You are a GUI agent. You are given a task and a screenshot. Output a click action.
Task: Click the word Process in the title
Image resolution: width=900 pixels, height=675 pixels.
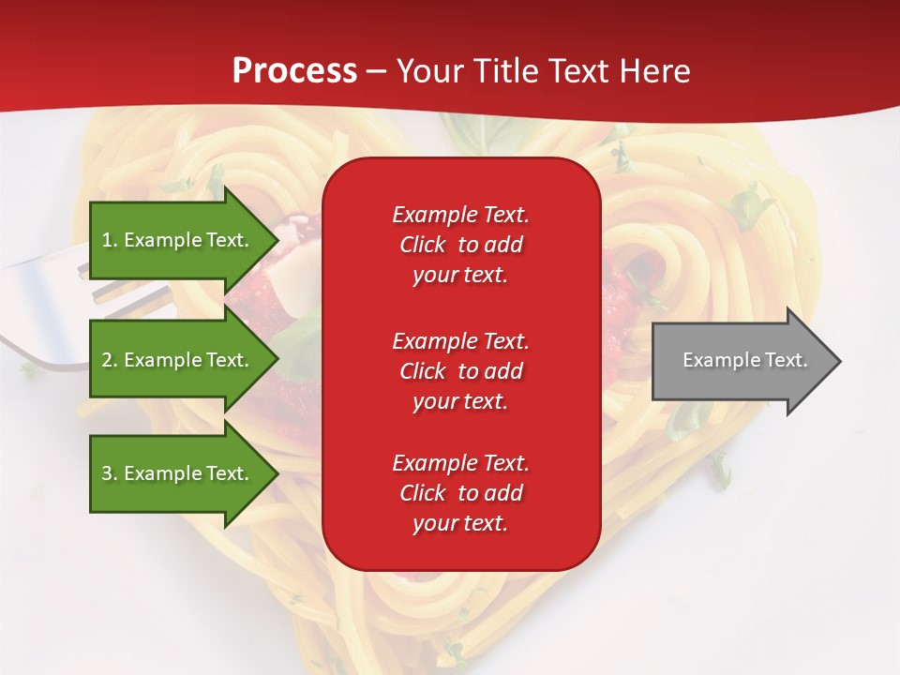[294, 71]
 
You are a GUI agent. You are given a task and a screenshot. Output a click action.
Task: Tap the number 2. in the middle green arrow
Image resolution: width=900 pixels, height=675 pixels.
[110, 360]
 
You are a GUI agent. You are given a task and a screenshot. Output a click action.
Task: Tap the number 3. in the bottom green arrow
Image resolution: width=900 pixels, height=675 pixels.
[110, 473]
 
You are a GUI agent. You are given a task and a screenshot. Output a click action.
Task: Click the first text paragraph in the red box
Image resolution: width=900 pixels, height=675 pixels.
[460, 245]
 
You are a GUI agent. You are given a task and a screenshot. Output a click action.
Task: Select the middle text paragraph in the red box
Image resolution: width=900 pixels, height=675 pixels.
[460, 371]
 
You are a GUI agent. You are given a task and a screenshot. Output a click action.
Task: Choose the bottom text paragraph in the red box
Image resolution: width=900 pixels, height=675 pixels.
[460, 493]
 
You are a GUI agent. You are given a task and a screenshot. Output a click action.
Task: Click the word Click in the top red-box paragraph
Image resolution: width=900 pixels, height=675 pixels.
[423, 245]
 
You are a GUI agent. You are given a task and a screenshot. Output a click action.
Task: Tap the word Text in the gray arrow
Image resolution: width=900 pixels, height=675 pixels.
[787, 360]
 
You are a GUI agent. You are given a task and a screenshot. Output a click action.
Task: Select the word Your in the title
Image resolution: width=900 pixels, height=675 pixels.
[430, 71]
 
